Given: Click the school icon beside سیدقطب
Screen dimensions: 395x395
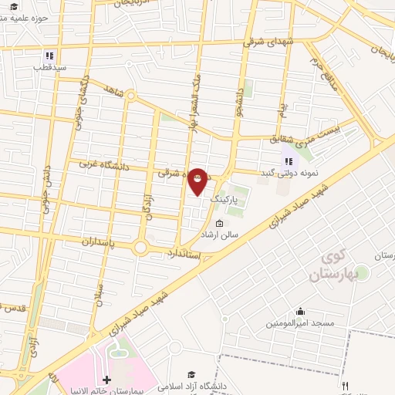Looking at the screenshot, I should (49, 56).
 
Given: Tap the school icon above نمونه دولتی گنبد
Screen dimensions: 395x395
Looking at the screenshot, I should (289, 161).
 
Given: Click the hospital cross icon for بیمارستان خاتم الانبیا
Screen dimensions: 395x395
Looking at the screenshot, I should (106, 380).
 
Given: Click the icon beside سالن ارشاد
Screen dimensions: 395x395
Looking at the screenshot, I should (219, 225).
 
